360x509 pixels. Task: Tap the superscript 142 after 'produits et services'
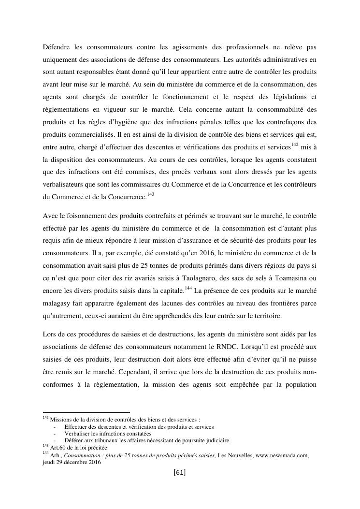tap(295, 144)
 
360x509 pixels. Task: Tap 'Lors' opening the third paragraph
tap(50, 334)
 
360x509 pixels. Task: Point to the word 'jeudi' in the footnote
tap(50, 462)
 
